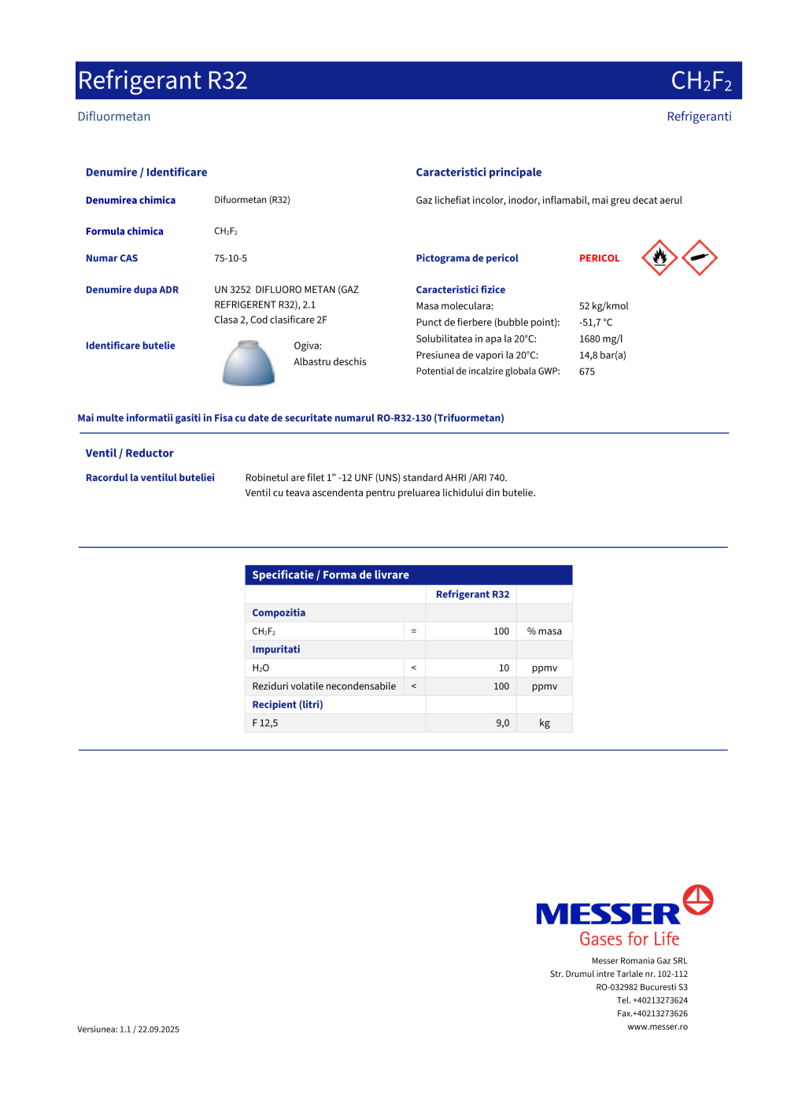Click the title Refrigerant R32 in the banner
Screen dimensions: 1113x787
(163, 80)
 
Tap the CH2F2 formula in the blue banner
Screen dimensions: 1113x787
(700, 81)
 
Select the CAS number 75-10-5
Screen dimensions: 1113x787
(231, 258)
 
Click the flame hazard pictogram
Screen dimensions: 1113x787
(660, 257)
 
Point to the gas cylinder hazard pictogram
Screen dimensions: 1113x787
(700, 257)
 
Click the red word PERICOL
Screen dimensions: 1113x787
(599, 258)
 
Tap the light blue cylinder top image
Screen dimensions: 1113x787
(249, 363)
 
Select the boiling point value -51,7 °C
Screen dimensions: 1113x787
(596, 322)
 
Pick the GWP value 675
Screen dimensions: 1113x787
(587, 372)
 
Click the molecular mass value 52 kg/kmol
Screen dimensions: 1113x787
(604, 306)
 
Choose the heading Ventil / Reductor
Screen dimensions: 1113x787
(130, 453)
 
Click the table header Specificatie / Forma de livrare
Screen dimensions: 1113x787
(331, 575)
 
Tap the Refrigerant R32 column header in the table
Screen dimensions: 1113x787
(472, 594)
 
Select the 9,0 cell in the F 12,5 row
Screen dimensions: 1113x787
(502, 723)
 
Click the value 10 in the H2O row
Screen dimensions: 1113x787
(504, 667)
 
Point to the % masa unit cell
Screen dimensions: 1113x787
(545, 631)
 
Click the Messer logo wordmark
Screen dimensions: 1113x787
(608, 914)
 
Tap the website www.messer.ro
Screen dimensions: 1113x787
(657, 1026)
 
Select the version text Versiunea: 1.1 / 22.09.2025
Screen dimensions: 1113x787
(128, 1029)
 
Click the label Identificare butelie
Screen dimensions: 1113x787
(131, 346)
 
